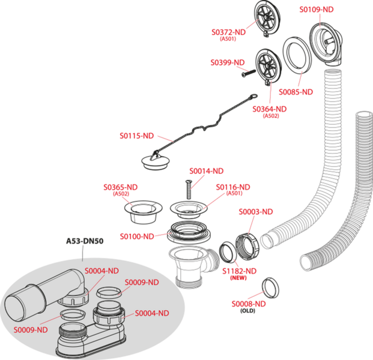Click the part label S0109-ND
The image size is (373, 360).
coord(317,10)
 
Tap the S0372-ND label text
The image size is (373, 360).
coord(229,32)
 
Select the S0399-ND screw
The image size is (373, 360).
coord(248,73)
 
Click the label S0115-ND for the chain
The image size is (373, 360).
coord(137,136)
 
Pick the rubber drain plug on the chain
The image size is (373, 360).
coord(156,161)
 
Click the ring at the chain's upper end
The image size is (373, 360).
coord(253,97)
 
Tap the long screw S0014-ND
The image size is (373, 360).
coord(189,190)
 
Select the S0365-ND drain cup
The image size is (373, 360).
coord(144,212)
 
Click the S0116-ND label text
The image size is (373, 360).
coord(233,187)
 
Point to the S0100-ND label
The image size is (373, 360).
coord(137,236)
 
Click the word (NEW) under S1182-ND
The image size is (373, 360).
coord(238,278)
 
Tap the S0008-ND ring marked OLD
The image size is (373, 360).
coord(270,287)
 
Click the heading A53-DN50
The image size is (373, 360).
coord(85,241)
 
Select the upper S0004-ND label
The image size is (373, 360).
coord(102,271)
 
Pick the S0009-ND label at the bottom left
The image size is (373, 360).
coord(31,330)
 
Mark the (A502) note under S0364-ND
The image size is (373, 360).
coord(271,116)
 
